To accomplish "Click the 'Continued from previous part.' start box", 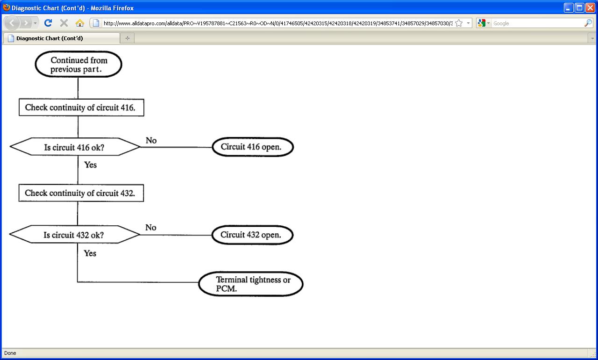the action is click(x=78, y=65).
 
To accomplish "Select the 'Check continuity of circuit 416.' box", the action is click(x=81, y=108).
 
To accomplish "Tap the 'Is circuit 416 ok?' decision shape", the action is click(x=75, y=147).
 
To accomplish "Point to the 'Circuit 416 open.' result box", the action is click(x=252, y=147).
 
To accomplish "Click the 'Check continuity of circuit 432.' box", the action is click(x=81, y=193).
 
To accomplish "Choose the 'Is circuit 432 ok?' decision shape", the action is click(x=74, y=235).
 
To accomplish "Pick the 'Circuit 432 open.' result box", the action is click(x=252, y=235).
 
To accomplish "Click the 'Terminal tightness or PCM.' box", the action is click(x=251, y=284).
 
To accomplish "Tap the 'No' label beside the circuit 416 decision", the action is click(x=151, y=140).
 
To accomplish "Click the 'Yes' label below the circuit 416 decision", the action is click(x=90, y=165).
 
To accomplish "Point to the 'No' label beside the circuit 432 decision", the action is click(x=150, y=228).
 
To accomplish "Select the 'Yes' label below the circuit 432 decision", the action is click(x=90, y=253).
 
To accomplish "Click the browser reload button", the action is click(x=48, y=23).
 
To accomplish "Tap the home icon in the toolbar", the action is click(x=79, y=23).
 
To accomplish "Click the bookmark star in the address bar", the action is click(x=459, y=23).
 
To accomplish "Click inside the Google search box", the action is click(x=537, y=23).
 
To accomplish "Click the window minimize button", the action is click(x=568, y=7).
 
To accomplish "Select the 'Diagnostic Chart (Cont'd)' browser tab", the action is click(x=61, y=38).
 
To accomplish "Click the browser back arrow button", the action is click(x=12, y=23).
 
